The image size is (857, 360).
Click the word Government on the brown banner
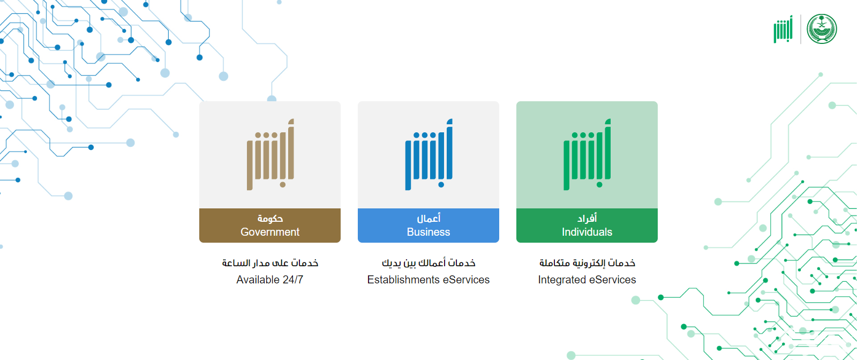pos(270,232)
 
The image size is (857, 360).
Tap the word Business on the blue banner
pos(428,232)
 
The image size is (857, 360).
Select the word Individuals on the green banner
pos(587,232)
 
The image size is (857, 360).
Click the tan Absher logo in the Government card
pos(270,155)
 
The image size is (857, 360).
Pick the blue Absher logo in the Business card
pos(429,155)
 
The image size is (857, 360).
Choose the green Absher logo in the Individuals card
pos(587,155)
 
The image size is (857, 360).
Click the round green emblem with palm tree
pos(822,29)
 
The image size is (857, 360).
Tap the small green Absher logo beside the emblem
pos(783,29)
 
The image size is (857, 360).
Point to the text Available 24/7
pos(270,280)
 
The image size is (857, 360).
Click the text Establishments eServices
pos(428,280)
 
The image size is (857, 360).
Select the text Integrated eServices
pos(587,280)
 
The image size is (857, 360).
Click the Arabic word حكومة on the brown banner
pos(270,219)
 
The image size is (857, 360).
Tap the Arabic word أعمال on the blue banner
pos(428,218)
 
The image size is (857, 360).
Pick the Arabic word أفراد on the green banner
pos(587,218)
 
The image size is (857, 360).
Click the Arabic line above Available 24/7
pos(270,263)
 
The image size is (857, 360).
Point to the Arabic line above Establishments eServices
pos(428,263)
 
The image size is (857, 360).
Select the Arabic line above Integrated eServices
pos(587,263)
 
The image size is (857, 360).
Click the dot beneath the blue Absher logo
pos(441,185)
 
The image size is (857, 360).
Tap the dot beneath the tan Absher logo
pos(283,185)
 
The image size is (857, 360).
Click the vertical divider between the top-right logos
pos(800,29)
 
